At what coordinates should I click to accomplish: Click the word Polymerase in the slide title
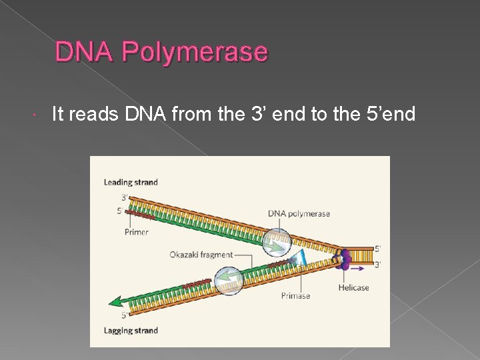(201, 52)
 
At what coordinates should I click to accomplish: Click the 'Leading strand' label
(131, 182)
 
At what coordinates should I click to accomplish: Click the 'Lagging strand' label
(131, 331)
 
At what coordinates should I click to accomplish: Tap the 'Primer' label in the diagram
(136, 232)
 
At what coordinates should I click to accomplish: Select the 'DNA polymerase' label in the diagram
(299, 213)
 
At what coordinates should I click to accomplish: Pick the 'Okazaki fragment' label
(201, 255)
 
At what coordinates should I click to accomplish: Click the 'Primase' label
(295, 295)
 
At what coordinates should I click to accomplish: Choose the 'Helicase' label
(353, 288)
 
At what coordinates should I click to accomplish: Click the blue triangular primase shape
(301, 259)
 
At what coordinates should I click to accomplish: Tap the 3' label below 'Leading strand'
(125, 197)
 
